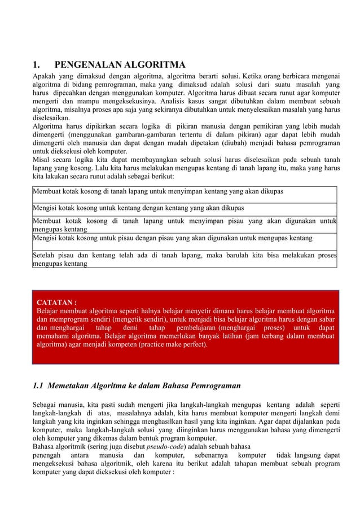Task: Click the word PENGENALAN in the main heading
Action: pyautogui.click(x=90, y=62)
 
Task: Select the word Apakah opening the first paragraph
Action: pyautogui.click(x=44, y=74)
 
